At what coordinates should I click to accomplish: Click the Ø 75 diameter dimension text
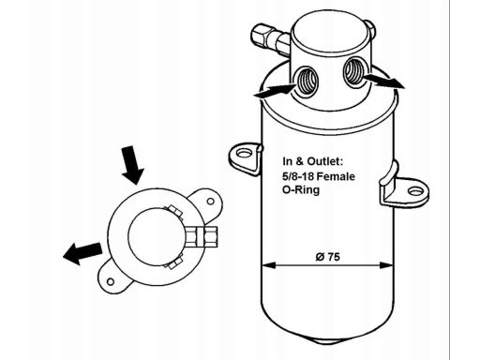pyautogui.click(x=327, y=257)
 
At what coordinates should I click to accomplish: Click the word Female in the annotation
pyautogui.click(x=337, y=176)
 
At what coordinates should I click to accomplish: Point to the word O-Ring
pyautogui.click(x=301, y=190)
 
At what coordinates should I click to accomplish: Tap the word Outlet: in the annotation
pyautogui.click(x=325, y=161)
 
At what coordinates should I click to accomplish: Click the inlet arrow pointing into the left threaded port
pyautogui.click(x=275, y=90)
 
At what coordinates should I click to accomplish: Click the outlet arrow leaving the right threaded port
pyautogui.click(x=384, y=81)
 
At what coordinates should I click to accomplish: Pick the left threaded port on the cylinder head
pyautogui.click(x=307, y=81)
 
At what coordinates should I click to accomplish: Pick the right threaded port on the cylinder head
pyautogui.click(x=354, y=72)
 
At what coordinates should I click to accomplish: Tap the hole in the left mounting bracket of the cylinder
pyautogui.click(x=244, y=154)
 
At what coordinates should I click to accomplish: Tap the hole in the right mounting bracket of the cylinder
pyautogui.click(x=415, y=190)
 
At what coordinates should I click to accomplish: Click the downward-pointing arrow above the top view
pyautogui.click(x=132, y=165)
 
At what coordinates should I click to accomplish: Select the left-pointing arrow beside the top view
pyautogui.click(x=82, y=253)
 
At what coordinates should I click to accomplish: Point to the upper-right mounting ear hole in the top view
pyautogui.click(x=210, y=201)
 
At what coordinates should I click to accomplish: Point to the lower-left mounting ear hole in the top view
pyautogui.click(x=110, y=282)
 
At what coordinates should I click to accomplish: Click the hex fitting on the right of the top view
pyautogui.click(x=202, y=237)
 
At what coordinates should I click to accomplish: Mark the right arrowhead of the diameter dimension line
pyautogui.click(x=386, y=265)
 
